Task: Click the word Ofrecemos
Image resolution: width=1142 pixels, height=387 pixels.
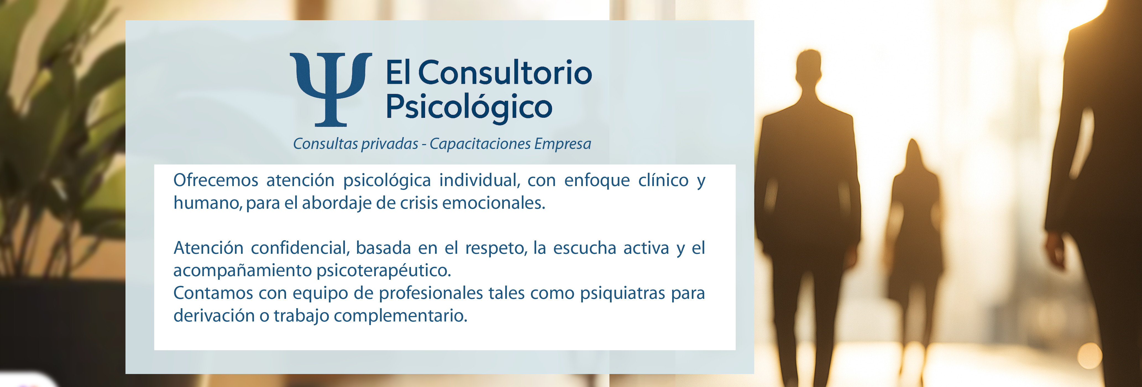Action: [x=216, y=180]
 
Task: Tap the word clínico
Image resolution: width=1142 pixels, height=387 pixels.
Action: [x=663, y=180]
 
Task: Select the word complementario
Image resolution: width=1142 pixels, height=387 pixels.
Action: [x=401, y=316]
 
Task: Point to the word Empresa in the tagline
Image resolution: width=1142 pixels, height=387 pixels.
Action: [x=563, y=144]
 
